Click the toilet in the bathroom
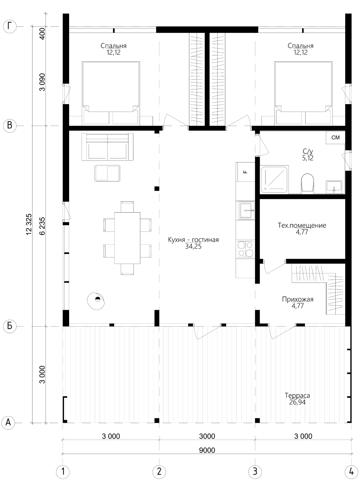(307, 183)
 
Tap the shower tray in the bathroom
(274, 180)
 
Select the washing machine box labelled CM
(335, 138)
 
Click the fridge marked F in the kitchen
(245, 172)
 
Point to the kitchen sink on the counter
(246, 211)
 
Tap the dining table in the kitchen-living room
(127, 238)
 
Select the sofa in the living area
(107, 147)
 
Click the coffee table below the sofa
(107, 174)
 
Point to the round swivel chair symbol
(96, 301)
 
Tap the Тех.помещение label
(302, 225)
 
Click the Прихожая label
(297, 299)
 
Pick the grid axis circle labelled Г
(10, 27)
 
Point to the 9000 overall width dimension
(207, 450)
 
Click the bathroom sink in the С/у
(334, 187)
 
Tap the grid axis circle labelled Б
(10, 326)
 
